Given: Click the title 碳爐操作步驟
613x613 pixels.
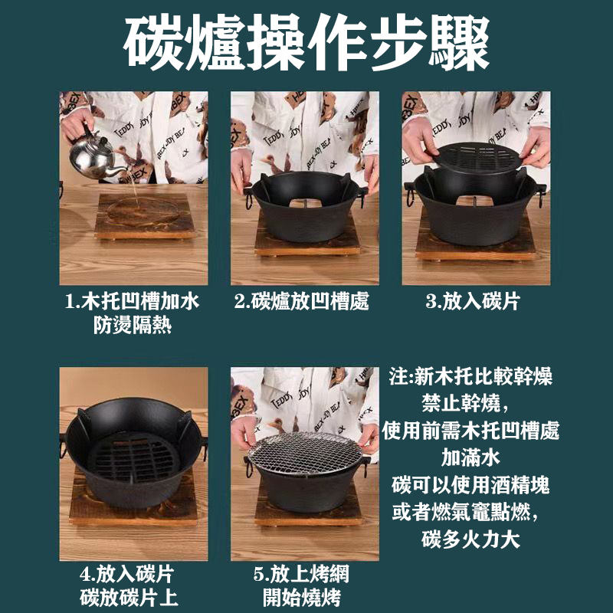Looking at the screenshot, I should (306, 44).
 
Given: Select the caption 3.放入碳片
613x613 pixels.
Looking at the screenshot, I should (472, 301).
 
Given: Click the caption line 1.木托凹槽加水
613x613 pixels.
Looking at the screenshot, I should (133, 301).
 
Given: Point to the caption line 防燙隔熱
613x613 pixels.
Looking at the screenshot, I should (133, 326).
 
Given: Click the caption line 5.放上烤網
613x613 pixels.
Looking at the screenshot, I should (305, 573).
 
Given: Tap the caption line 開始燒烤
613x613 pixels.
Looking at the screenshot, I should (305, 598).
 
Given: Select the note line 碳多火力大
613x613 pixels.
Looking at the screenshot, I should (470, 539).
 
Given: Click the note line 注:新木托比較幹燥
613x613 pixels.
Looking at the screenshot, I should (470, 376).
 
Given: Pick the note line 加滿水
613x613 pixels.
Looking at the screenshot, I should (470, 457).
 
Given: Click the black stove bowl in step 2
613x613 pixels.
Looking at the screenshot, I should (305, 207).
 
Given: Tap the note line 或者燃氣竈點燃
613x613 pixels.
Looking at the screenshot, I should (469, 512).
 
